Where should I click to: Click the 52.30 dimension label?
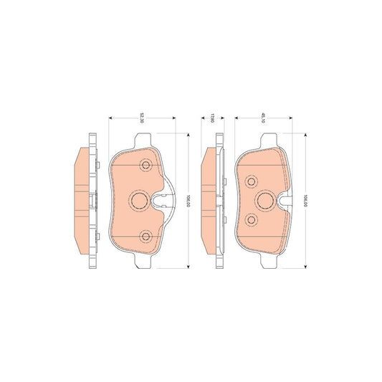click(143, 118)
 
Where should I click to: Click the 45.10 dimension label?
click(263, 118)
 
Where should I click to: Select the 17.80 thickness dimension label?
click(212, 118)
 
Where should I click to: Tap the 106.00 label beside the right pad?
click(305, 199)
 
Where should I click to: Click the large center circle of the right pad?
click(264, 200)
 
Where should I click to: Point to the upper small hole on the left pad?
click(147, 166)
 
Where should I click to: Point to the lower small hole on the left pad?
click(147, 236)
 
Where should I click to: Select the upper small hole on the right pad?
click(250, 181)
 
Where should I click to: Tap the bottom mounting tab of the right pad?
click(262, 262)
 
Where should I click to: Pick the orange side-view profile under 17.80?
click(209, 201)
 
